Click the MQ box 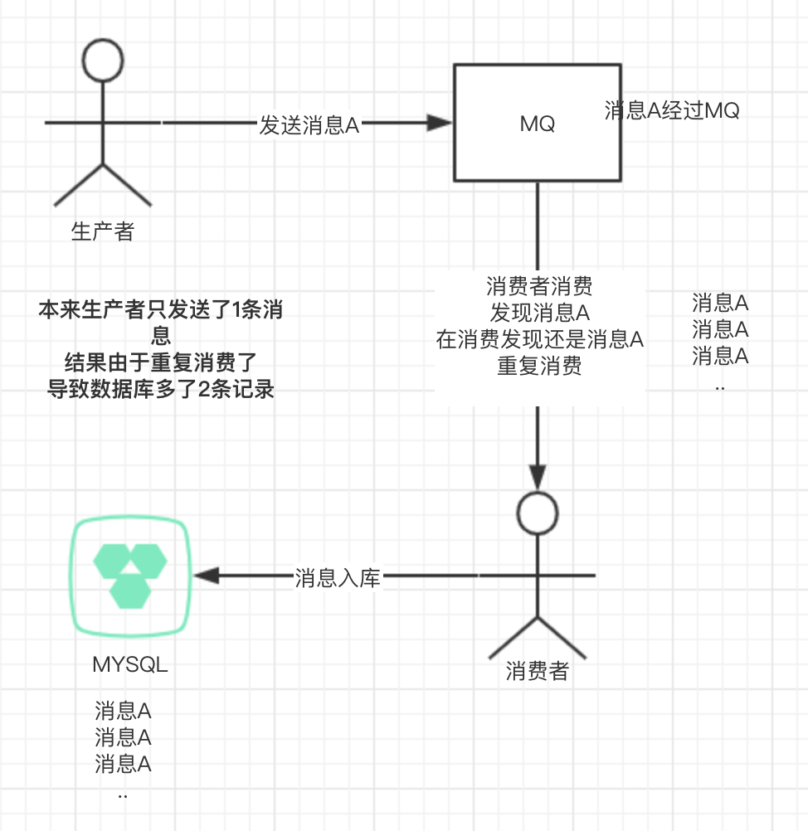click(x=537, y=124)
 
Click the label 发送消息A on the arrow click(x=309, y=125)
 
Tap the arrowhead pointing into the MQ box click(x=440, y=124)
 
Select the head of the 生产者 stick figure click(x=103, y=61)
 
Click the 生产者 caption click(x=103, y=231)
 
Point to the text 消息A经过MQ click(x=672, y=110)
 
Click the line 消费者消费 click(x=539, y=288)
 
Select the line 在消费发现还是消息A click(x=540, y=339)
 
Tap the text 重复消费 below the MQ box click(x=539, y=366)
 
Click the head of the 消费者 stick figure click(x=538, y=513)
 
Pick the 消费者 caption click(x=538, y=671)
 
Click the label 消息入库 click(x=338, y=578)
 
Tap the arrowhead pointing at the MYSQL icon click(x=205, y=576)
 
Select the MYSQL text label click(x=130, y=664)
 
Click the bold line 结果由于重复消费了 click(x=161, y=362)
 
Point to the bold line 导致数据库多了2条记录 click(x=161, y=388)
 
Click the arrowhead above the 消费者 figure click(x=538, y=478)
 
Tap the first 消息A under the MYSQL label click(x=123, y=711)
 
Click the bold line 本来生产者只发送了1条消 click(x=161, y=311)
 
